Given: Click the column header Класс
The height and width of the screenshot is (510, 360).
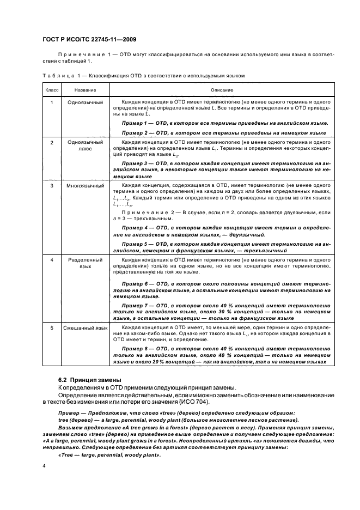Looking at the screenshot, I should [x=52, y=90].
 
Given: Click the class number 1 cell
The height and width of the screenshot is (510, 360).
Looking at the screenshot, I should [x=52, y=102].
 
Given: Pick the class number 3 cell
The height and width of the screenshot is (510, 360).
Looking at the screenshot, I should [x=52, y=186].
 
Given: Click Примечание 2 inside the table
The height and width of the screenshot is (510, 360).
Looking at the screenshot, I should [x=144, y=212].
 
